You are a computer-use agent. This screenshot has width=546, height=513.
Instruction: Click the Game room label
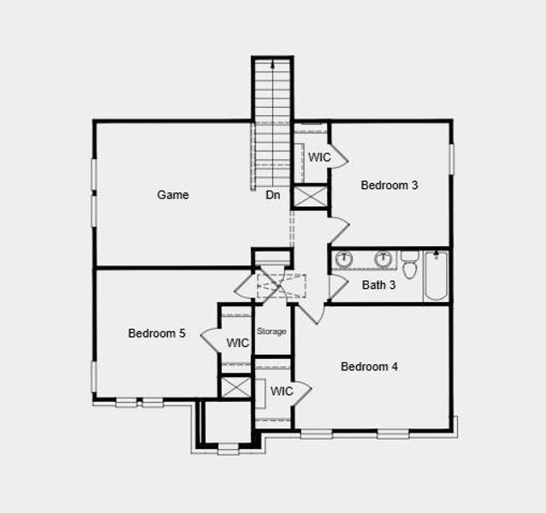point(173,195)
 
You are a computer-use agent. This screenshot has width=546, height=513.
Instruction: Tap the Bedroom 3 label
point(389,185)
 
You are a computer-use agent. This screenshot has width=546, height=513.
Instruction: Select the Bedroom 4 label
point(369,367)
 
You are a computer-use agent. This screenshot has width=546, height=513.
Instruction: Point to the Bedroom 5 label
point(157,333)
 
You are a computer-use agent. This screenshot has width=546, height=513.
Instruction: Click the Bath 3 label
point(378,286)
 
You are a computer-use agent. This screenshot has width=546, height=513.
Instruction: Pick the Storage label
point(272,332)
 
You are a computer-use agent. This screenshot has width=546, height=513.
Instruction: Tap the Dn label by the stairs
point(273,195)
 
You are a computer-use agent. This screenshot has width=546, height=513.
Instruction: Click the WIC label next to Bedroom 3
point(319,157)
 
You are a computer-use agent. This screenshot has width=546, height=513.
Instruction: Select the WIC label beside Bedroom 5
point(237,343)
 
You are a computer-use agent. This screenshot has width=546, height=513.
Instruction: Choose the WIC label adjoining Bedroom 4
point(282,392)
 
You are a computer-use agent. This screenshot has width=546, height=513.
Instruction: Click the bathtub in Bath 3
point(436,275)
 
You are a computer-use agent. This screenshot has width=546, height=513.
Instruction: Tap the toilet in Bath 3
point(409,266)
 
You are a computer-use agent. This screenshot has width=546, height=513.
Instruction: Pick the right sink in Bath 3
point(383,259)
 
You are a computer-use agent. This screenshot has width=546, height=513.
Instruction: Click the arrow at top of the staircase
point(273,64)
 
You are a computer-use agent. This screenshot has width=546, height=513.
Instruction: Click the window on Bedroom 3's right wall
point(451,160)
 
